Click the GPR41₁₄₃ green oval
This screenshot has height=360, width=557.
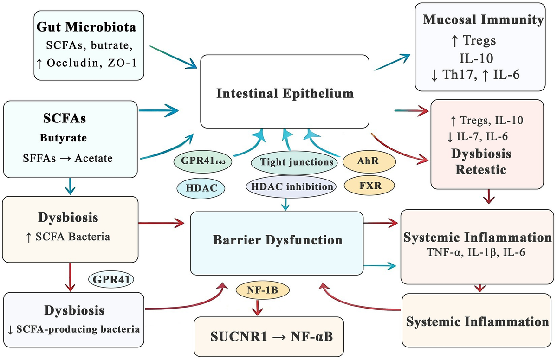tap(203, 161)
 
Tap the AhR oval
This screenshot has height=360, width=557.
tap(369, 161)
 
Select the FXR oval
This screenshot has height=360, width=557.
tap(369, 186)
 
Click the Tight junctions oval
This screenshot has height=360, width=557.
tap(294, 162)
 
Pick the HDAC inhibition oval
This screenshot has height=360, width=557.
tap(291, 187)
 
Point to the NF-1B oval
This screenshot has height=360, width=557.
tap(263, 290)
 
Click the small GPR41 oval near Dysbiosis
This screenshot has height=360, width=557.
tap(111, 279)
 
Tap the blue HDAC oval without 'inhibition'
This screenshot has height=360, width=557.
tap(201, 188)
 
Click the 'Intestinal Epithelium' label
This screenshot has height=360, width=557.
tap(285, 94)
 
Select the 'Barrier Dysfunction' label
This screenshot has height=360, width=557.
tap(278, 240)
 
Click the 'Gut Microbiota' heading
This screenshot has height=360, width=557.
tap(86, 27)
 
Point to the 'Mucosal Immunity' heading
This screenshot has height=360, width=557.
tap(483, 19)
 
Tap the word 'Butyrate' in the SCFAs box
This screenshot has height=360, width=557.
tap(63, 138)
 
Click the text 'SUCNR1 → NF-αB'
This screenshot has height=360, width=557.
tap(271, 337)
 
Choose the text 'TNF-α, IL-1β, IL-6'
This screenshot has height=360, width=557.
tap(476, 252)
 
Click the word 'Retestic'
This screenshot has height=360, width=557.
tap(481, 170)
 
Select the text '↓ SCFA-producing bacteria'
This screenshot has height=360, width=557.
tap(74, 329)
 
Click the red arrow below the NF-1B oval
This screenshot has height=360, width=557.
tap(257, 308)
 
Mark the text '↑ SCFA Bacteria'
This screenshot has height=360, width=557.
tap(68, 237)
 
